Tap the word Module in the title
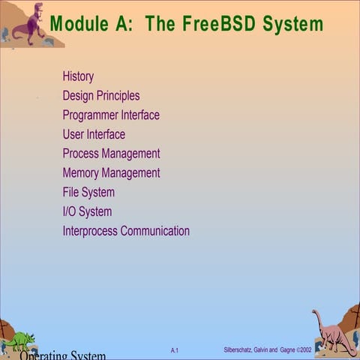[x=79, y=23]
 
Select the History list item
[x=78, y=76]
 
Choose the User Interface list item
[x=94, y=135]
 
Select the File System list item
[x=88, y=193]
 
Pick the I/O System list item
[x=87, y=212]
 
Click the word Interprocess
[x=90, y=231]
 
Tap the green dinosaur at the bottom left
[x=19, y=340]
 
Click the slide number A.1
[x=174, y=350]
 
